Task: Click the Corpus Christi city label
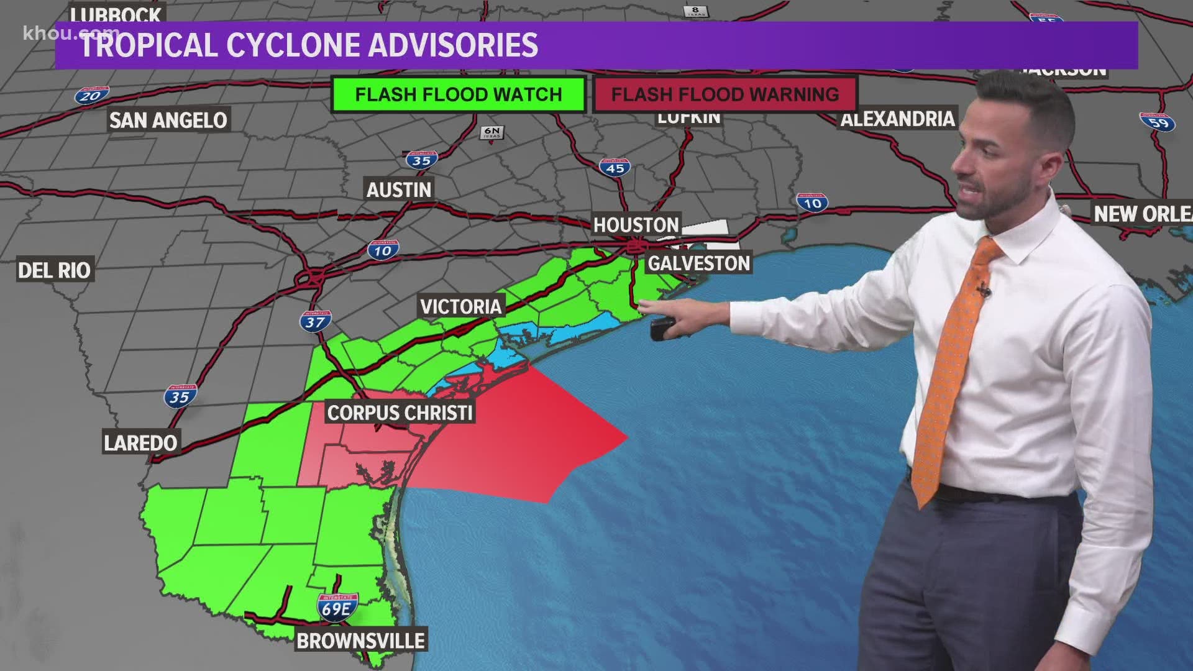pyautogui.click(x=400, y=413)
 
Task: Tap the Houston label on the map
pyautogui.click(x=636, y=225)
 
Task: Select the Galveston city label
pyautogui.click(x=699, y=263)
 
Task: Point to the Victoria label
pyautogui.click(x=460, y=306)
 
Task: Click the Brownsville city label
pyautogui.click(x=360, y=641)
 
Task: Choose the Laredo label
pyautogui.click(x=140, y=443)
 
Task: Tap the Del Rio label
pyautogui.click(x=54, y=270)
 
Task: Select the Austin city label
pyautogui.click(x=398, y=189)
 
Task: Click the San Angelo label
pyautogui.click(x=168, y=120)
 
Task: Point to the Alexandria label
pyautogui.click(x=897, y=119)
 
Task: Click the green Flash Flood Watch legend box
pyautogui.click(x=458, y=94)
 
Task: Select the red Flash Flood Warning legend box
pyautogui.click(x=724, y=94)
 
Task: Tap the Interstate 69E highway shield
pyautogui.click(x=337, y=607)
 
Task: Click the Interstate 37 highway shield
pyautogui.click(x=315, y=321)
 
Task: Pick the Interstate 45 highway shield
pyautogui.click(x=615, y=167)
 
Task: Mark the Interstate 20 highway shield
pyautogui.click(x=91, y=95)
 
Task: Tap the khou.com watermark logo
pyautogui.click(x=62, y=33)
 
